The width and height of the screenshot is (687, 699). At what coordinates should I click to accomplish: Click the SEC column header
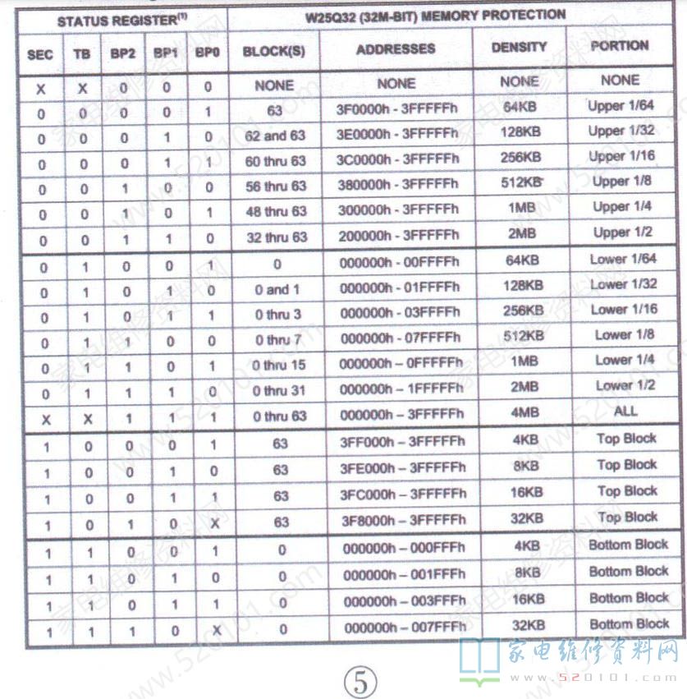39,54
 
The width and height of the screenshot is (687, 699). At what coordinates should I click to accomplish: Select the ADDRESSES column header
396,49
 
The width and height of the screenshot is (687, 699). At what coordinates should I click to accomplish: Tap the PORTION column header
620,46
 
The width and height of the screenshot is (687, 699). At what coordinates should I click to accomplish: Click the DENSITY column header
519,48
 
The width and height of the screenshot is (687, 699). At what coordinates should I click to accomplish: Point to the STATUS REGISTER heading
117,19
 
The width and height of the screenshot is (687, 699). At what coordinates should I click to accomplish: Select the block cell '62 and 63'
275,136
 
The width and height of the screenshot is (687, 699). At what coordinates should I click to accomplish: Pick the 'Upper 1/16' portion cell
622,155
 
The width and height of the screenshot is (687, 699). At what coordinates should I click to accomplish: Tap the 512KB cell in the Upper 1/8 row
521,182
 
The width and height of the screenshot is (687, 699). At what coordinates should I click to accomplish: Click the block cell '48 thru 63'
276,211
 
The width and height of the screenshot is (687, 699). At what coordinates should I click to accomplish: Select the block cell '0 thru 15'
279,365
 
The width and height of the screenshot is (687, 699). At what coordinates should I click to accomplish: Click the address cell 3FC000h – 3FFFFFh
402,494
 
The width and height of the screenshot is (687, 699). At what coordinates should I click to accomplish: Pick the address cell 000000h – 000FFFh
402,548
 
